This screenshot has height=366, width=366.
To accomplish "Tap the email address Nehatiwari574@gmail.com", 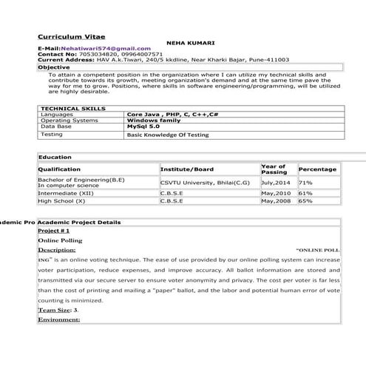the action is (x=107, y=48).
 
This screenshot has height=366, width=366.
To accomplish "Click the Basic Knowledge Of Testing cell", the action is (x=168, y=135).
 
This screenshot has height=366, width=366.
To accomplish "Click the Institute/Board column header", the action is (x=187, y=169).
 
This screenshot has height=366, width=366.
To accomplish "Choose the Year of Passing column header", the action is (x=274, y=169).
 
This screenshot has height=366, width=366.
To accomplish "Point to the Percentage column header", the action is (x=317, y=169).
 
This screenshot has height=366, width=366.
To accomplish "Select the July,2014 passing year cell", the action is (x=275, y=182).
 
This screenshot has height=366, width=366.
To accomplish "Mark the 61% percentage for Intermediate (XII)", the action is (x=305, y=192).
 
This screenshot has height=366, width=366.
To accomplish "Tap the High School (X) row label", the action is (x=62, y=200).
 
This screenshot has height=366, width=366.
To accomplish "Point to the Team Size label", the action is (x=56, y=310).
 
